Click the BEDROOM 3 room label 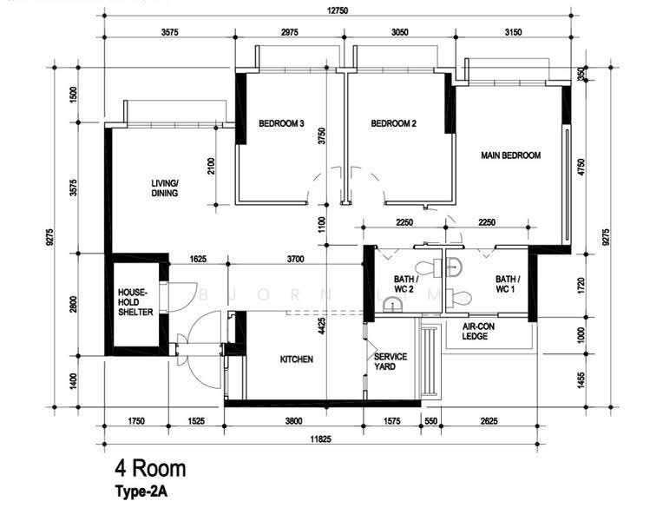[282, 123]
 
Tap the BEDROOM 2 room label [394, 123]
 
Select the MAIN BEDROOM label [511, 155]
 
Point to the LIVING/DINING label [165, 188]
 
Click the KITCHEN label [297, 359]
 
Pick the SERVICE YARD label [391, 362]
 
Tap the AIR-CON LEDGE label [478, 332]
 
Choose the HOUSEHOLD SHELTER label [135, 302]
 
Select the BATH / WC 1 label [508, 284]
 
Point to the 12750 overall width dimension [338, 10]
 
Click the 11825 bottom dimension [321, 439]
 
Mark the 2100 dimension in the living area [212, 166]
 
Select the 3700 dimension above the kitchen [296, 259]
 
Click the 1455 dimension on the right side [581, 380]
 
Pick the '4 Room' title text [150, 469]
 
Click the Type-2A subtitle [141, 491]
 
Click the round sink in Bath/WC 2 [395, 305]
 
